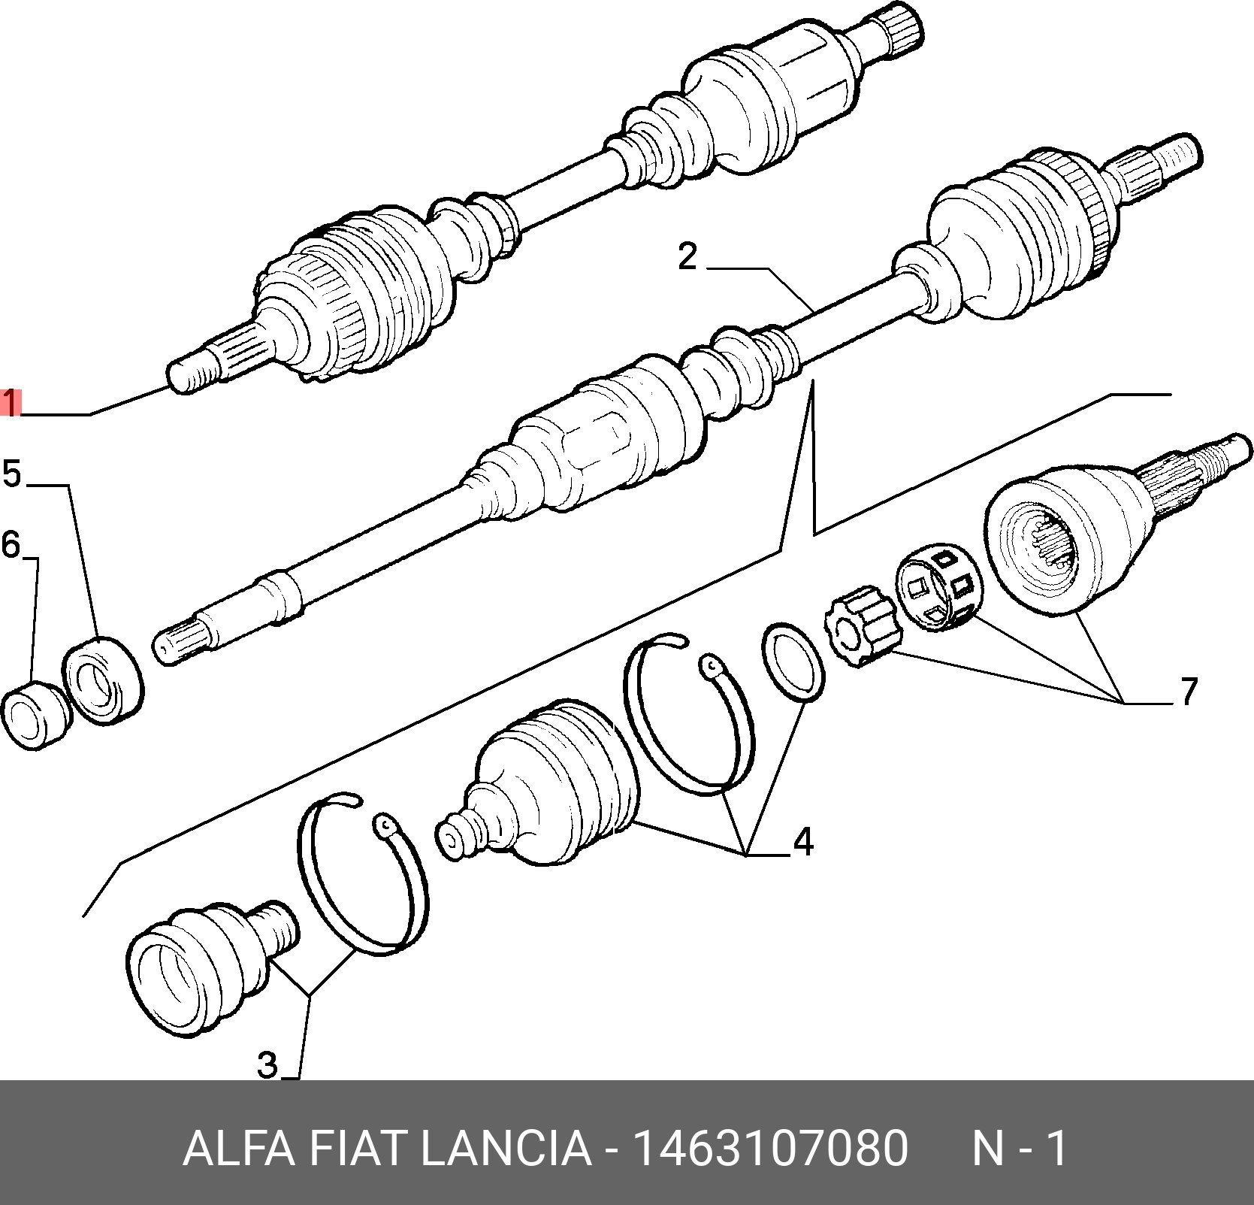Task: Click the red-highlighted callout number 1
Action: click(11, 403)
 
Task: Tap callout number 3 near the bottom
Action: click(267, 1064)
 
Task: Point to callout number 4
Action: click(803, 841)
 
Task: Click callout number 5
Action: click(12, 474)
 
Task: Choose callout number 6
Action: click(11, 544)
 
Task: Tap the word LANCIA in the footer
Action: click(505, 1149)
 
